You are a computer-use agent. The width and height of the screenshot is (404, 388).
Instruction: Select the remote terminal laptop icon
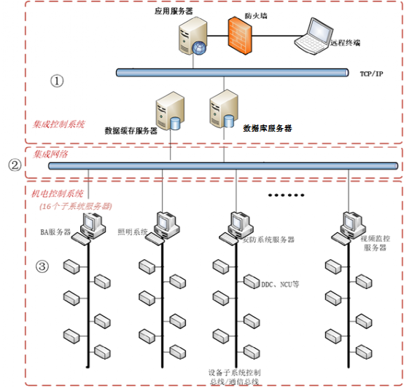313,36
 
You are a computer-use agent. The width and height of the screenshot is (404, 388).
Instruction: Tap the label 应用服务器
173,11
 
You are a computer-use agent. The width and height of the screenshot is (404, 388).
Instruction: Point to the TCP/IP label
371,74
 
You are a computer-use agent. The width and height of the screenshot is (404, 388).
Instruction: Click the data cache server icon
166,110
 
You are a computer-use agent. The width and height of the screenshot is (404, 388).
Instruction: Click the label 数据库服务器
267,127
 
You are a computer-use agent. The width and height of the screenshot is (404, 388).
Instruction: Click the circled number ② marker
14,165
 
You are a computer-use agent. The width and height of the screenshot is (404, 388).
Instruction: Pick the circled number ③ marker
42,266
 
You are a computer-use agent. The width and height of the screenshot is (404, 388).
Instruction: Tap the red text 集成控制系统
59,124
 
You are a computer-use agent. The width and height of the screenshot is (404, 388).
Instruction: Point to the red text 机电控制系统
58,194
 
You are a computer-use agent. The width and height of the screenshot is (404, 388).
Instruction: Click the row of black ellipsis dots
287,195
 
